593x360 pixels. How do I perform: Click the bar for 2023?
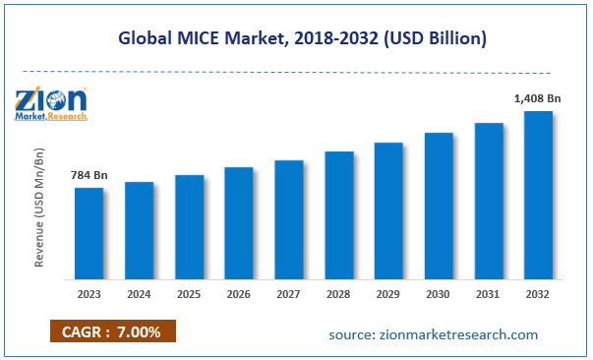(89, 232)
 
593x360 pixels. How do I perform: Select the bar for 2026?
(239, 222)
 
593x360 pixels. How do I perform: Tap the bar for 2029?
(388, 210)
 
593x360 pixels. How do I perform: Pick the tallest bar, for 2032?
(538, 194)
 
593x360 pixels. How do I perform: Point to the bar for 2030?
(439, 205)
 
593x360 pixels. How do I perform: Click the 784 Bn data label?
(89, 175)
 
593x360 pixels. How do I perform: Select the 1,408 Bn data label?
(537, 98)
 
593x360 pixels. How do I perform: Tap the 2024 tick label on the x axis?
(139, 293)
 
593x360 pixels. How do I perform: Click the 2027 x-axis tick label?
(288, 293)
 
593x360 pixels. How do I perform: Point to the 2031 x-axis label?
(489, 293)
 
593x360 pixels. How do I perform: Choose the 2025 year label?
(189, 293)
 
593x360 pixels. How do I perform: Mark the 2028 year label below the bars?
(338, 293)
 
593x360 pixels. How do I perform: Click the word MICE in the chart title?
(202, 40)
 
